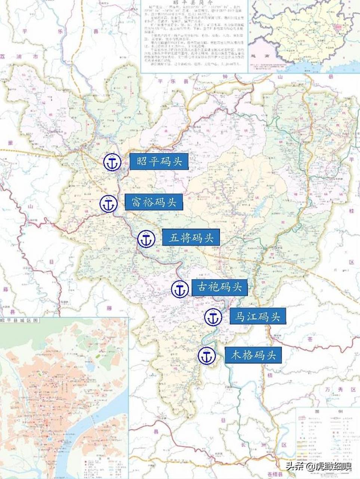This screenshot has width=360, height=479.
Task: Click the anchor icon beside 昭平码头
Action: click(x=112, y=162)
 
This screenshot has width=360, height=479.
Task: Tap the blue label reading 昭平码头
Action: click(x=159, y=162)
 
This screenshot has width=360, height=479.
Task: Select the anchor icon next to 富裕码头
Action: click(x=108, y=204)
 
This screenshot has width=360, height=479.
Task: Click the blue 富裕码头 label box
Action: click(x=154, y=202)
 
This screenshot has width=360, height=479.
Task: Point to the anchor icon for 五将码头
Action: click(x=146, y=239)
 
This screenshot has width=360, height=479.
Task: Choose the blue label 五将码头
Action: click(x=191, y=238)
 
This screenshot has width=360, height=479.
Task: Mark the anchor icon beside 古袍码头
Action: click(x=180, y=289)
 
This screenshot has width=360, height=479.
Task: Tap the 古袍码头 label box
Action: click(x=219, y=287)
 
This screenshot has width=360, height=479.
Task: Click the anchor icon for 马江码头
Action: click(x=213, y=317)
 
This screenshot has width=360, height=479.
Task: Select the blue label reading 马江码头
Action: click(x=258, y=316)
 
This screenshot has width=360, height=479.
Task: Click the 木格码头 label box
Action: click(x=253, y=355)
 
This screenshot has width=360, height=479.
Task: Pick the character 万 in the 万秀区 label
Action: click(x=328, y=390)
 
